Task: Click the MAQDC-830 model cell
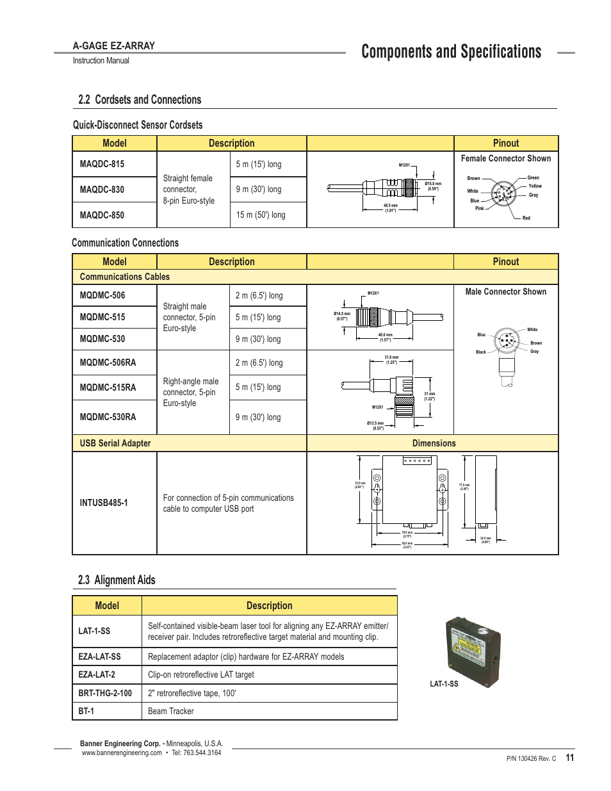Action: [x=102, y=190]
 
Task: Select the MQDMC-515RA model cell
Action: [x=108, y=387]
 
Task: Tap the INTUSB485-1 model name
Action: [x=104, y=503]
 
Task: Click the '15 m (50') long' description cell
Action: [x=261, y=215]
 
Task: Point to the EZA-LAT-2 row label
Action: [x=97, y=674]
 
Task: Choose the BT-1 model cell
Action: [x=86, y=711]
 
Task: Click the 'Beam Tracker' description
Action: [x=171, y=711]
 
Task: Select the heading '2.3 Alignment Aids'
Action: [x=117, y=580]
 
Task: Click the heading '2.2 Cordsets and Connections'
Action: [x=140, y=100]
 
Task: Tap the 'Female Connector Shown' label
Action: [x=506, y=159]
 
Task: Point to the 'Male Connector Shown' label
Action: [x=506, y=292]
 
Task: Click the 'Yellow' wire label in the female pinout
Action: [x=535, y=186]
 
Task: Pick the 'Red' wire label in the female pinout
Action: [x=526, y=218]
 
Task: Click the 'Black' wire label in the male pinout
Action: [x=481, y=352]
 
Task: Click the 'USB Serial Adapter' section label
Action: [x=115, y=443]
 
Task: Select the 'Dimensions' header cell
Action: [x=434, y=443]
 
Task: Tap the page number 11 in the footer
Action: [x=570, y=758]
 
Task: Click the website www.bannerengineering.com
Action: [x=122, y=753]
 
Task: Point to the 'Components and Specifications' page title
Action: [x=451, y=52]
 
